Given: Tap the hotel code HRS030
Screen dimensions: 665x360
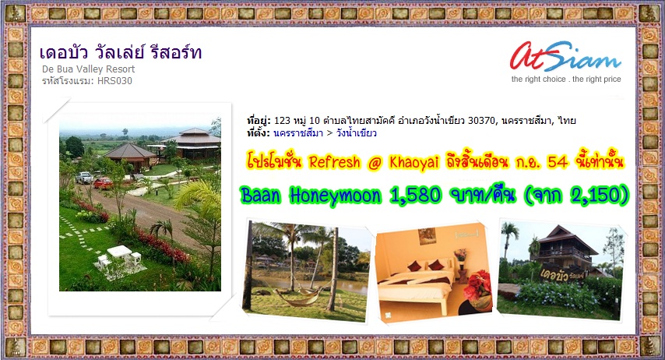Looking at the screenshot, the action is click(114, 81).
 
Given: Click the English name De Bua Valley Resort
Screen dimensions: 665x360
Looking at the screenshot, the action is click(88, 69).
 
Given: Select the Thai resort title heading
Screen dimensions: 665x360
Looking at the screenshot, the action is click(121, 53).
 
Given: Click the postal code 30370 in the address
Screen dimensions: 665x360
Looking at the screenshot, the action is click(481, 121).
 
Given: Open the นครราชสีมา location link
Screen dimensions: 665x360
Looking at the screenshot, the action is click(298, 133).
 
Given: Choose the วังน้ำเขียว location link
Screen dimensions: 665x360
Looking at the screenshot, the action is click(357, 133).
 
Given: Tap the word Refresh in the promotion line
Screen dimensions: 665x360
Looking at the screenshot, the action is click(334, 162).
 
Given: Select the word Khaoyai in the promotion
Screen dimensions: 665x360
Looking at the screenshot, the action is click(413, 162).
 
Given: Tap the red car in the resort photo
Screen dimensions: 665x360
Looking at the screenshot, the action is click(104, 183).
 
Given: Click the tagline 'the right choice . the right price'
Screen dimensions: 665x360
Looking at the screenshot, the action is click(566, 79).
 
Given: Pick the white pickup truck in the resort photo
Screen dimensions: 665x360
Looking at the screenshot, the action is click(84, 177).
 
